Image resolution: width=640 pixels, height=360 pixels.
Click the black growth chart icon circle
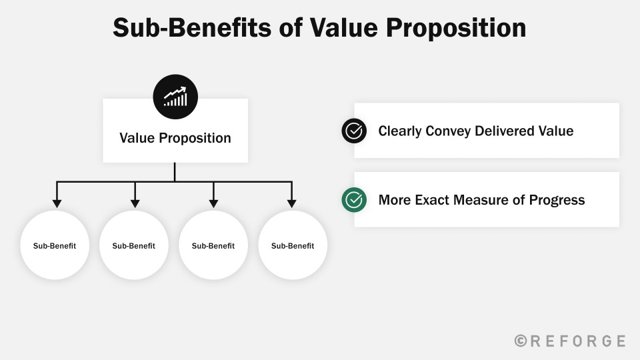coord(175,97)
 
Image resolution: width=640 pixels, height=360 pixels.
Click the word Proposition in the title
coord(456,28)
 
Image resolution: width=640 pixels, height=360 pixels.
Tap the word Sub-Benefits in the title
coord(192,28)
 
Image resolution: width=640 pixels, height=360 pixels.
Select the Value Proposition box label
coord(175,138)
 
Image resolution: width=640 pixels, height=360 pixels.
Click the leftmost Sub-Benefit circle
coord(55,245)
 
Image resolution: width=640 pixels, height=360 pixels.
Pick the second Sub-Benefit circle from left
coord(134,245)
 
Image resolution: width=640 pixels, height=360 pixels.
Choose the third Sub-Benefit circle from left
coord(213,245)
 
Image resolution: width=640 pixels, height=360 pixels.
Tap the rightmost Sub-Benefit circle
coord(293,245)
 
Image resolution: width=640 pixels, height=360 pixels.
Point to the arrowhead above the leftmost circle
coord(57,203)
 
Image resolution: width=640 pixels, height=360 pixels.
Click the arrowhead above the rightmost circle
coord(291,203)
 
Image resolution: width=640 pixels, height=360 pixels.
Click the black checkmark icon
coord(354,131)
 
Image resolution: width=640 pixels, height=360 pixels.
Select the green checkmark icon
coord(354,200)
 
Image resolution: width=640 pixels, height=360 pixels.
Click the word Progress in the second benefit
coord(557,201)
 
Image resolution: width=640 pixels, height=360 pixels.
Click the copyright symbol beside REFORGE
coord(521,341)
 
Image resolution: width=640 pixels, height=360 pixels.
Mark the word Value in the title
coord(344,28)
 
